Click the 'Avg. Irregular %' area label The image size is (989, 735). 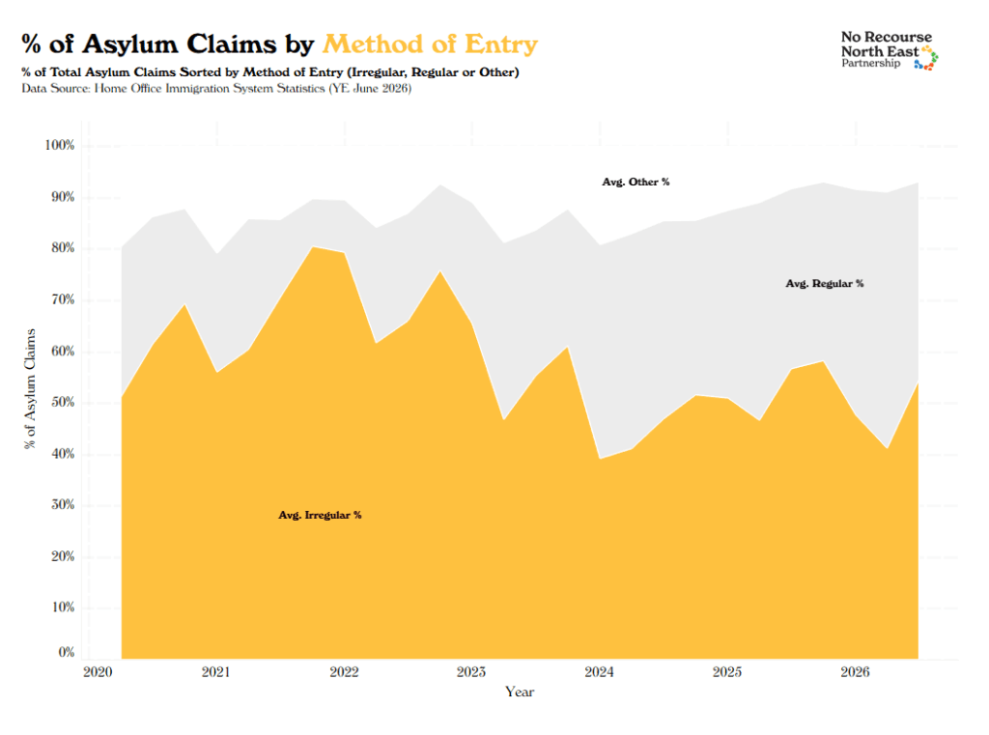320,515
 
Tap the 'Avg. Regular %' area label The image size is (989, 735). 825,283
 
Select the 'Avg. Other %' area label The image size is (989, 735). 636,182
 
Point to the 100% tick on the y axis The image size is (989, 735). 59,145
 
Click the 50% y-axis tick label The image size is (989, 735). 63,402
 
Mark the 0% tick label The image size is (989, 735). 67,652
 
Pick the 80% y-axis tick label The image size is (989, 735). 63,247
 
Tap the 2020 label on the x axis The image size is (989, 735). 98,672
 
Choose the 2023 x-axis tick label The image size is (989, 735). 471,672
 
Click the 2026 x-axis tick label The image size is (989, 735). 855,672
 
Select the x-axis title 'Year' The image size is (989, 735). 519,692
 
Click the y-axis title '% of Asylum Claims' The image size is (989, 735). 30,388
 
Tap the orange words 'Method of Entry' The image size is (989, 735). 430,44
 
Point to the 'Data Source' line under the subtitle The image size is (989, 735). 216,88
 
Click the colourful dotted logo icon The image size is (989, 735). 926,58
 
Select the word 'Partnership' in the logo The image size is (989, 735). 870,63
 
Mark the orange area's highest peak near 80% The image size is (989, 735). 314,246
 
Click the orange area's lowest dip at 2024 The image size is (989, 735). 600,459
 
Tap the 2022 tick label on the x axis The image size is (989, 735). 345,672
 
